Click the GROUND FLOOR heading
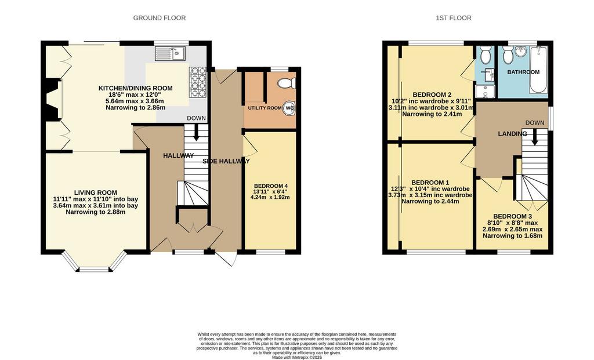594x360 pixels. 160,18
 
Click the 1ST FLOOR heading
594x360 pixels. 454,18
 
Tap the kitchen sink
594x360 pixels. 170,53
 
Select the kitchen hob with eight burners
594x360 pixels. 197,83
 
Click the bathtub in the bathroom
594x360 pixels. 538,70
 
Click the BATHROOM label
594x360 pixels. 523,72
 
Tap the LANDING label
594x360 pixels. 512,134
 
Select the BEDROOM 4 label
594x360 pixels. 271,186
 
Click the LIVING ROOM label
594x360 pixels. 96,192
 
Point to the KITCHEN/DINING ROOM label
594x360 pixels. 136,88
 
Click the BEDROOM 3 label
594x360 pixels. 512,217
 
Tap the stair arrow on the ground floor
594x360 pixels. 196,133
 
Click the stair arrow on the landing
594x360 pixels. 534,137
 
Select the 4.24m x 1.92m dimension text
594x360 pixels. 270,197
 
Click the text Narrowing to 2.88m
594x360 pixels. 96,212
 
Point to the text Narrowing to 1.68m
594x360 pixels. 512,235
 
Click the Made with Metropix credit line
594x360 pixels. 297,357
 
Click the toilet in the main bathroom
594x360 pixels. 508,56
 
